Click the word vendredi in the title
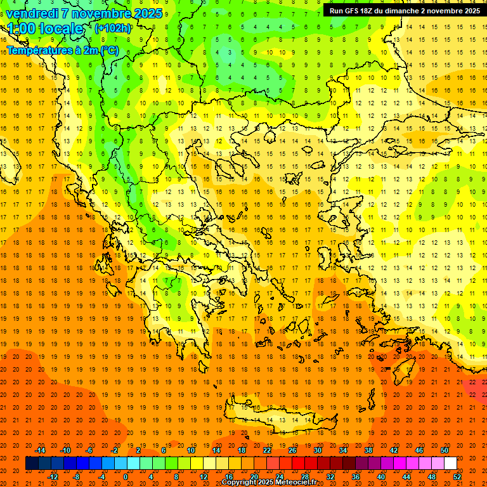pos(32,13)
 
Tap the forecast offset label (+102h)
pos(113,28)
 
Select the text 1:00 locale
pos(46,29)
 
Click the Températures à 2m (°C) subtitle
pos(62,50)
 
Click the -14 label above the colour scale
pos(41,450)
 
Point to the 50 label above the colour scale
pos(444,450)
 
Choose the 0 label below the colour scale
pos(126,477)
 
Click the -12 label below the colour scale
pos(53,477)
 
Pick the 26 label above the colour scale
pos(292,450)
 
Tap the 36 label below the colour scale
pos(356,477)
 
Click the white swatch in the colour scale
pos(450,464)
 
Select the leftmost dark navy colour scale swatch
pos(32,464)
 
